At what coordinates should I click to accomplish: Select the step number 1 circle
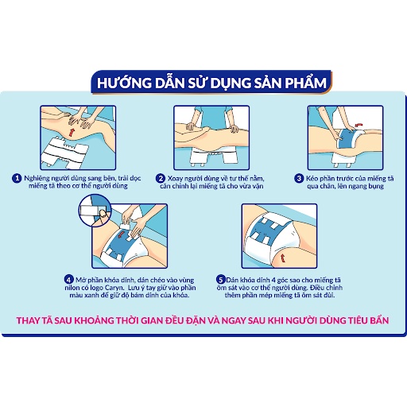[17, 179]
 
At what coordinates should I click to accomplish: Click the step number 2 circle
[160, 179]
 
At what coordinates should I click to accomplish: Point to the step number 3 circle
[299, 179]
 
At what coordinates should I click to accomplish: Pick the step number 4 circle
[69, 279]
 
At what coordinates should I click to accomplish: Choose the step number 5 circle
[221, 279]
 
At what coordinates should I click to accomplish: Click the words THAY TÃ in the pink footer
[38, 322]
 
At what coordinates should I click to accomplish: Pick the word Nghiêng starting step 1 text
[39, 179]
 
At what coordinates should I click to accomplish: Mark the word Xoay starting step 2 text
[176, 179]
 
